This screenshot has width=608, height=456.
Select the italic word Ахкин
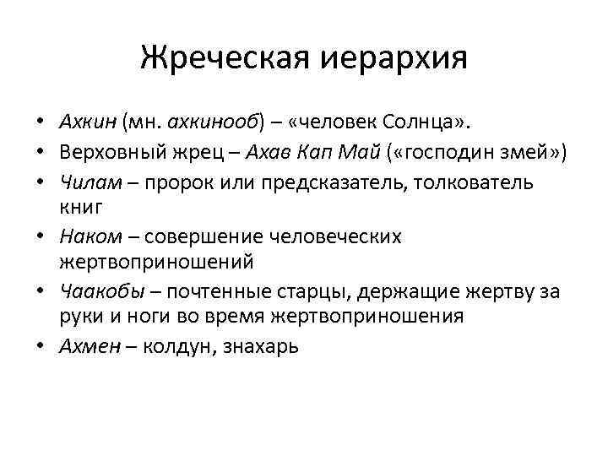tap(90, 125)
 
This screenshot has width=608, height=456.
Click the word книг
tap(81, 204)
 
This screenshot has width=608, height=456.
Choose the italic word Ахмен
tap(89, 345)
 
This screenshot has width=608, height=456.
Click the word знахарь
tap(260, 345)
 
